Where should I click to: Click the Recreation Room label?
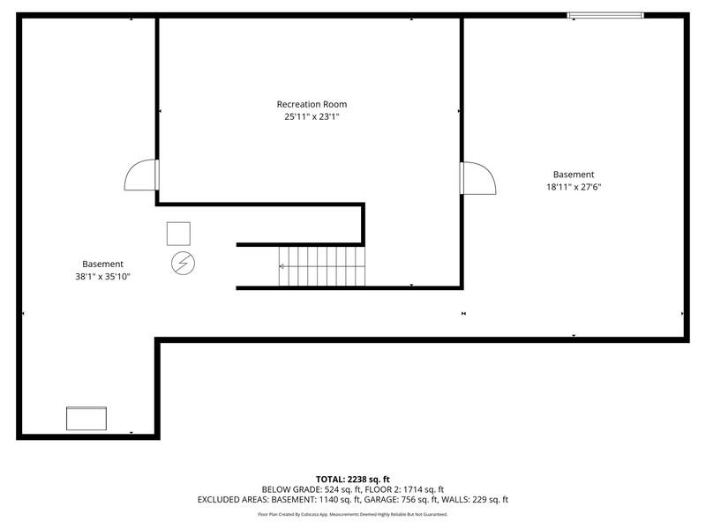[312, 104]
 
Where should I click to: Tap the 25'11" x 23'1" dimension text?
[312, 117]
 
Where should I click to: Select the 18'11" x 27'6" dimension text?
[574, 187]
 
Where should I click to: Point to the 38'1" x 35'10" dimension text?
[102, 277]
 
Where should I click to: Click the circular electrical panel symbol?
[184, 263]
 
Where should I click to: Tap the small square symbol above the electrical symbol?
[178, 234]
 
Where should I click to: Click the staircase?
[321, 266]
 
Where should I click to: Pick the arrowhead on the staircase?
[282, 267]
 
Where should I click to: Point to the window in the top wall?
[605, 16]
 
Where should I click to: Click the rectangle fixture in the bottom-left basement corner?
[86, 418]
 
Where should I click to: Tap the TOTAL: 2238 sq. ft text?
[352, 480]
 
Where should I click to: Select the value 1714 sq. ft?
[424, 489]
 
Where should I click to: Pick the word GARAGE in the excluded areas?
[379, 500]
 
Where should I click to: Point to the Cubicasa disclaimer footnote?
[352, 514]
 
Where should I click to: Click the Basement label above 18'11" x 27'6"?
[574, 175]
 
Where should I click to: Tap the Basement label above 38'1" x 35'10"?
[102, 264]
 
